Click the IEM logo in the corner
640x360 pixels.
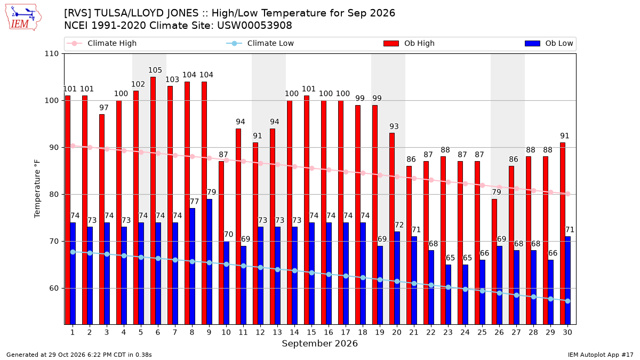[x=23, y=18]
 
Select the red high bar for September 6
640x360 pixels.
[x=153, y=201]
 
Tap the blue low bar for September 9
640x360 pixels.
[x=210, y=262]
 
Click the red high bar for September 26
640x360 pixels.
[x=494, y=262]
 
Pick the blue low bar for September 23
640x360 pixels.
[x=449, y=294]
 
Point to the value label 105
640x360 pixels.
[x=155, y=70]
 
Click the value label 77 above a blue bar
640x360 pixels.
[x=194, y=202]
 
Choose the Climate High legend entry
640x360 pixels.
[x=102, y=43]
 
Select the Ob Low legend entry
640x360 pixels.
[x=549, y=43]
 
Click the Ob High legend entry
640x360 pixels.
[x=409, y=43]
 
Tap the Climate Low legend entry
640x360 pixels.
[x=260, y=43]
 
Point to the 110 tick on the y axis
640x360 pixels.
[x=51, y=54]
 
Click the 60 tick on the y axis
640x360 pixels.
[x=54, y=289]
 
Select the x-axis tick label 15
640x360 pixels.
[x=311, y=332]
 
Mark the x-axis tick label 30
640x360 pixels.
[x=567, y=332]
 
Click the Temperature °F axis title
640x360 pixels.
[x=37, y=189]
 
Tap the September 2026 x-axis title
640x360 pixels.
[x=319, y=343]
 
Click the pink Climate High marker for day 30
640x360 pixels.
[x=567, y=194]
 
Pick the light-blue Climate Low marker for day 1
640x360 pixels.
[x=73, y=252]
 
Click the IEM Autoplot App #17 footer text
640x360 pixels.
[x=601, y=355]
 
